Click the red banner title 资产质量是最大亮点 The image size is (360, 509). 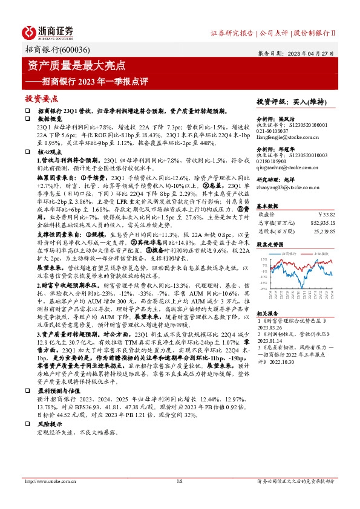tap(77, 65)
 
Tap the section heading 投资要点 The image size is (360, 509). tap(42, 98)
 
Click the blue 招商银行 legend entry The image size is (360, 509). tap(287, 254)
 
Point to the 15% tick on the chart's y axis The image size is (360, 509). tap(264, 259)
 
